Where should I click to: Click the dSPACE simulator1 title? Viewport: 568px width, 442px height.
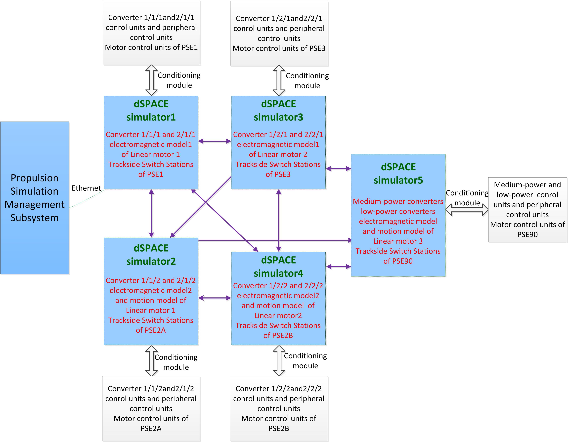coord(151,111)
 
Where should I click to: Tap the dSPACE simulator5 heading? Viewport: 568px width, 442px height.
coord(398,174)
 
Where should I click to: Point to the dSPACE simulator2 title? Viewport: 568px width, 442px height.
coord(151,255)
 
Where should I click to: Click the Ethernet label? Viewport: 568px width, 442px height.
coord(86,188)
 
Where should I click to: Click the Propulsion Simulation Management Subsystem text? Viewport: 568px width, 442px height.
coord(35,198)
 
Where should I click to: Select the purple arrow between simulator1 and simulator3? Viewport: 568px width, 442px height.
coord(215,141)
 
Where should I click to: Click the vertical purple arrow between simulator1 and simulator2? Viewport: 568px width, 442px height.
coord(151,213)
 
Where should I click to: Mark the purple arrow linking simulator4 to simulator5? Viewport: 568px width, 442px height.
coord(338,266)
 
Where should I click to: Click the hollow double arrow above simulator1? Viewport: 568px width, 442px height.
coord(151,80)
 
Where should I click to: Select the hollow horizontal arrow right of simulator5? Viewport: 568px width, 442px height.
coord(467,210)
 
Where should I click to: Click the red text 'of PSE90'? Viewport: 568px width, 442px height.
coord(398,261)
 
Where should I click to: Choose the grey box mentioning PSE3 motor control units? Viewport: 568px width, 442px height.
coord(279,33)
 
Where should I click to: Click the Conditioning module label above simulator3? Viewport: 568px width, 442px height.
coord(307,81)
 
